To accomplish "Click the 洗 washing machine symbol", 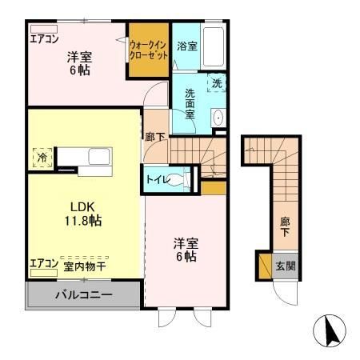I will point(216,82).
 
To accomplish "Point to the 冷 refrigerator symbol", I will point(40,158).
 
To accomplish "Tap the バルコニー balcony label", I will point(83,295).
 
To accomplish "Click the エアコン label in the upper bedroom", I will point(44,38).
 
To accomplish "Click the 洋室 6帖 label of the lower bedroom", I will point(186,250).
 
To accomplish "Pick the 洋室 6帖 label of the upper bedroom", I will point(78,63).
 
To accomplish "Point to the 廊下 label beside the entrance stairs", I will point(284,225).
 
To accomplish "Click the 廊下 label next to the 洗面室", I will point(156,137).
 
